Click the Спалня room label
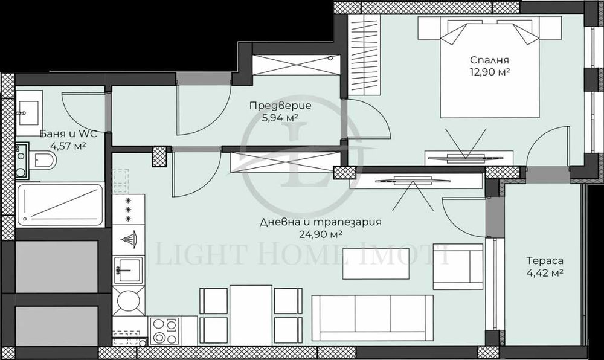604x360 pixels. click(x=490, y=60)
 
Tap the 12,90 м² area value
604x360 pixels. click(x=490, y=72)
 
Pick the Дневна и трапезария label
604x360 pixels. click(x=320, y=222)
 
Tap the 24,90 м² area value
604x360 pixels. click(x=320, y=234)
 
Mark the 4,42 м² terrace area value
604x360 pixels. click(x=545, y=272)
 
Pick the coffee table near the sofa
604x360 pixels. click(x=370, y=263)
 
